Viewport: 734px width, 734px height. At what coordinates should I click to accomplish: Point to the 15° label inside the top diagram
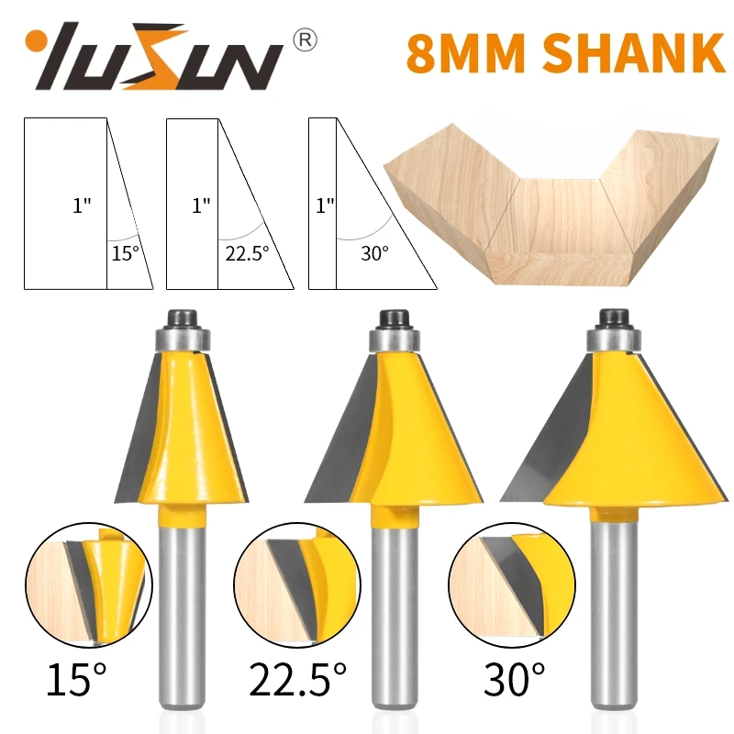[x=126, y=253]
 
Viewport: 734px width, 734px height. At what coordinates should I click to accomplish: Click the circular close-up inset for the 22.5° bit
[x=293, y=588]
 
